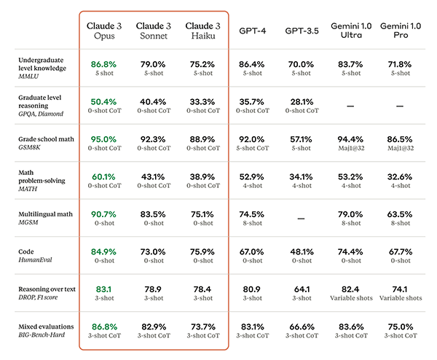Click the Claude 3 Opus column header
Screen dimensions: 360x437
[x=103, y=31]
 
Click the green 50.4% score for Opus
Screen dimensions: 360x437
[x=103, y=101]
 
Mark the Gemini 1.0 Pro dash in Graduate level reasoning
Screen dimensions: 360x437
[x=398, y=106]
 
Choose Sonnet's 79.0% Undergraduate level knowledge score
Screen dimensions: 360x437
[x=152, y=64]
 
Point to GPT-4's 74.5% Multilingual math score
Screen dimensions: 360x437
[x=253, y=213]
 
